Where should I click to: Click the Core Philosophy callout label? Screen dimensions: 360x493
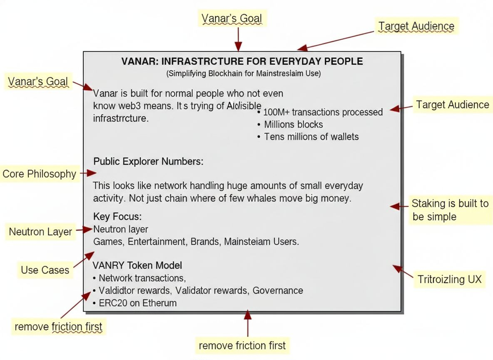click(x=39, y=174)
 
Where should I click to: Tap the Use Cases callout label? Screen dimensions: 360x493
click(x=45, y=270)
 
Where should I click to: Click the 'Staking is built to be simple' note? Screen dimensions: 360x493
click(x=450, y=210)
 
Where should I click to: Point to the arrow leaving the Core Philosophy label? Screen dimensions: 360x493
click(x=88, y=172)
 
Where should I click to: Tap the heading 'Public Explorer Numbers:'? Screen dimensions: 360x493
click(x=148, y=161)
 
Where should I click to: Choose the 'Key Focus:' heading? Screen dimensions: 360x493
click(x=117, y=217)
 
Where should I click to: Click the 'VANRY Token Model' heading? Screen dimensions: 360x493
click(x=137, y=265)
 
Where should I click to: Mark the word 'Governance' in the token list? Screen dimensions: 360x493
click(x=278, y=290)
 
